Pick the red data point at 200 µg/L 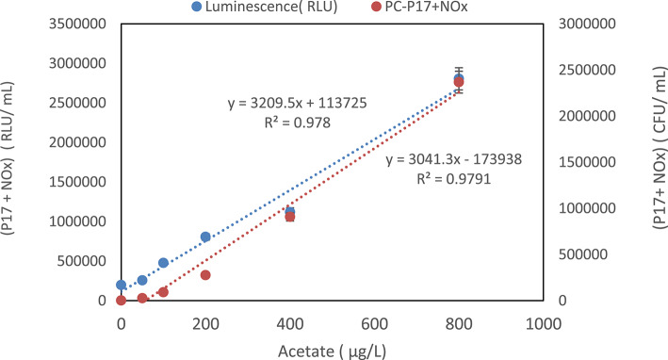pos(205,275)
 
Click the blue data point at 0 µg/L pos(121,285)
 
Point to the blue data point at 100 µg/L pos(163,263)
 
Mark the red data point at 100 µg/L pos(163,292)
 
